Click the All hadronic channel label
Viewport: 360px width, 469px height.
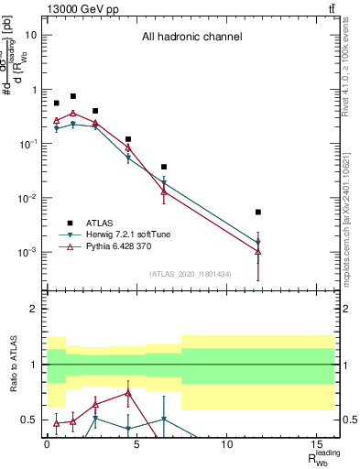click(x=191, y=38)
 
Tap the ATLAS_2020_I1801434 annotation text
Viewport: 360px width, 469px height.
click(x=190, y=274)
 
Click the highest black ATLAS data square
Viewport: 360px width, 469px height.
click(x=73, y=96)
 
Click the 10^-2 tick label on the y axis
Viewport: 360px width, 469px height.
click(x=27, y=198)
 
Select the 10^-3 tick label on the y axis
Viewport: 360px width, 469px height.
click(x=27, y=252)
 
